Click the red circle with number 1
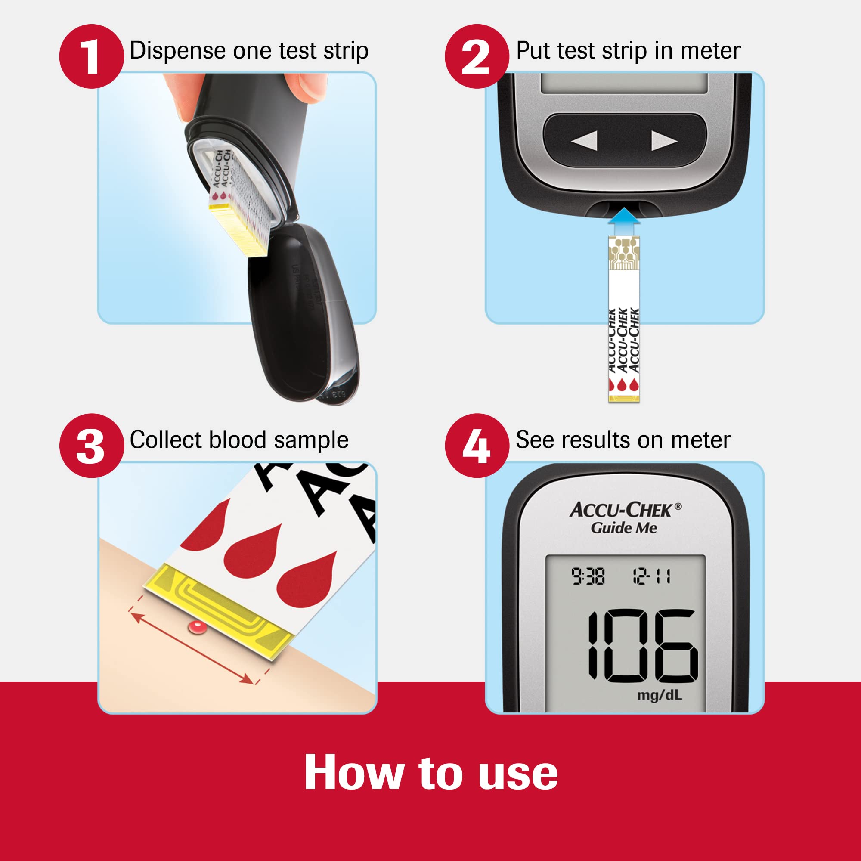pyautogui.click(x=91, y=56)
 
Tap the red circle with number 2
pyautogui.click(x=477, y=56)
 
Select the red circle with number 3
pyautogui.click(x=91, y=446)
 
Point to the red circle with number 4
pyautogui.click(x=477, y=446)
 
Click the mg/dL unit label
pyautogui.click(x=659, y=695)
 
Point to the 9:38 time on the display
pyautogui.click(x=588, y=577)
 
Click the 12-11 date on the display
pyautogui.click(x=651, y=577)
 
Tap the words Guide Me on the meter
pyautogui.click(x=623, y=528)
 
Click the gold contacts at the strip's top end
pyautogui.click(x=624, y=252)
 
